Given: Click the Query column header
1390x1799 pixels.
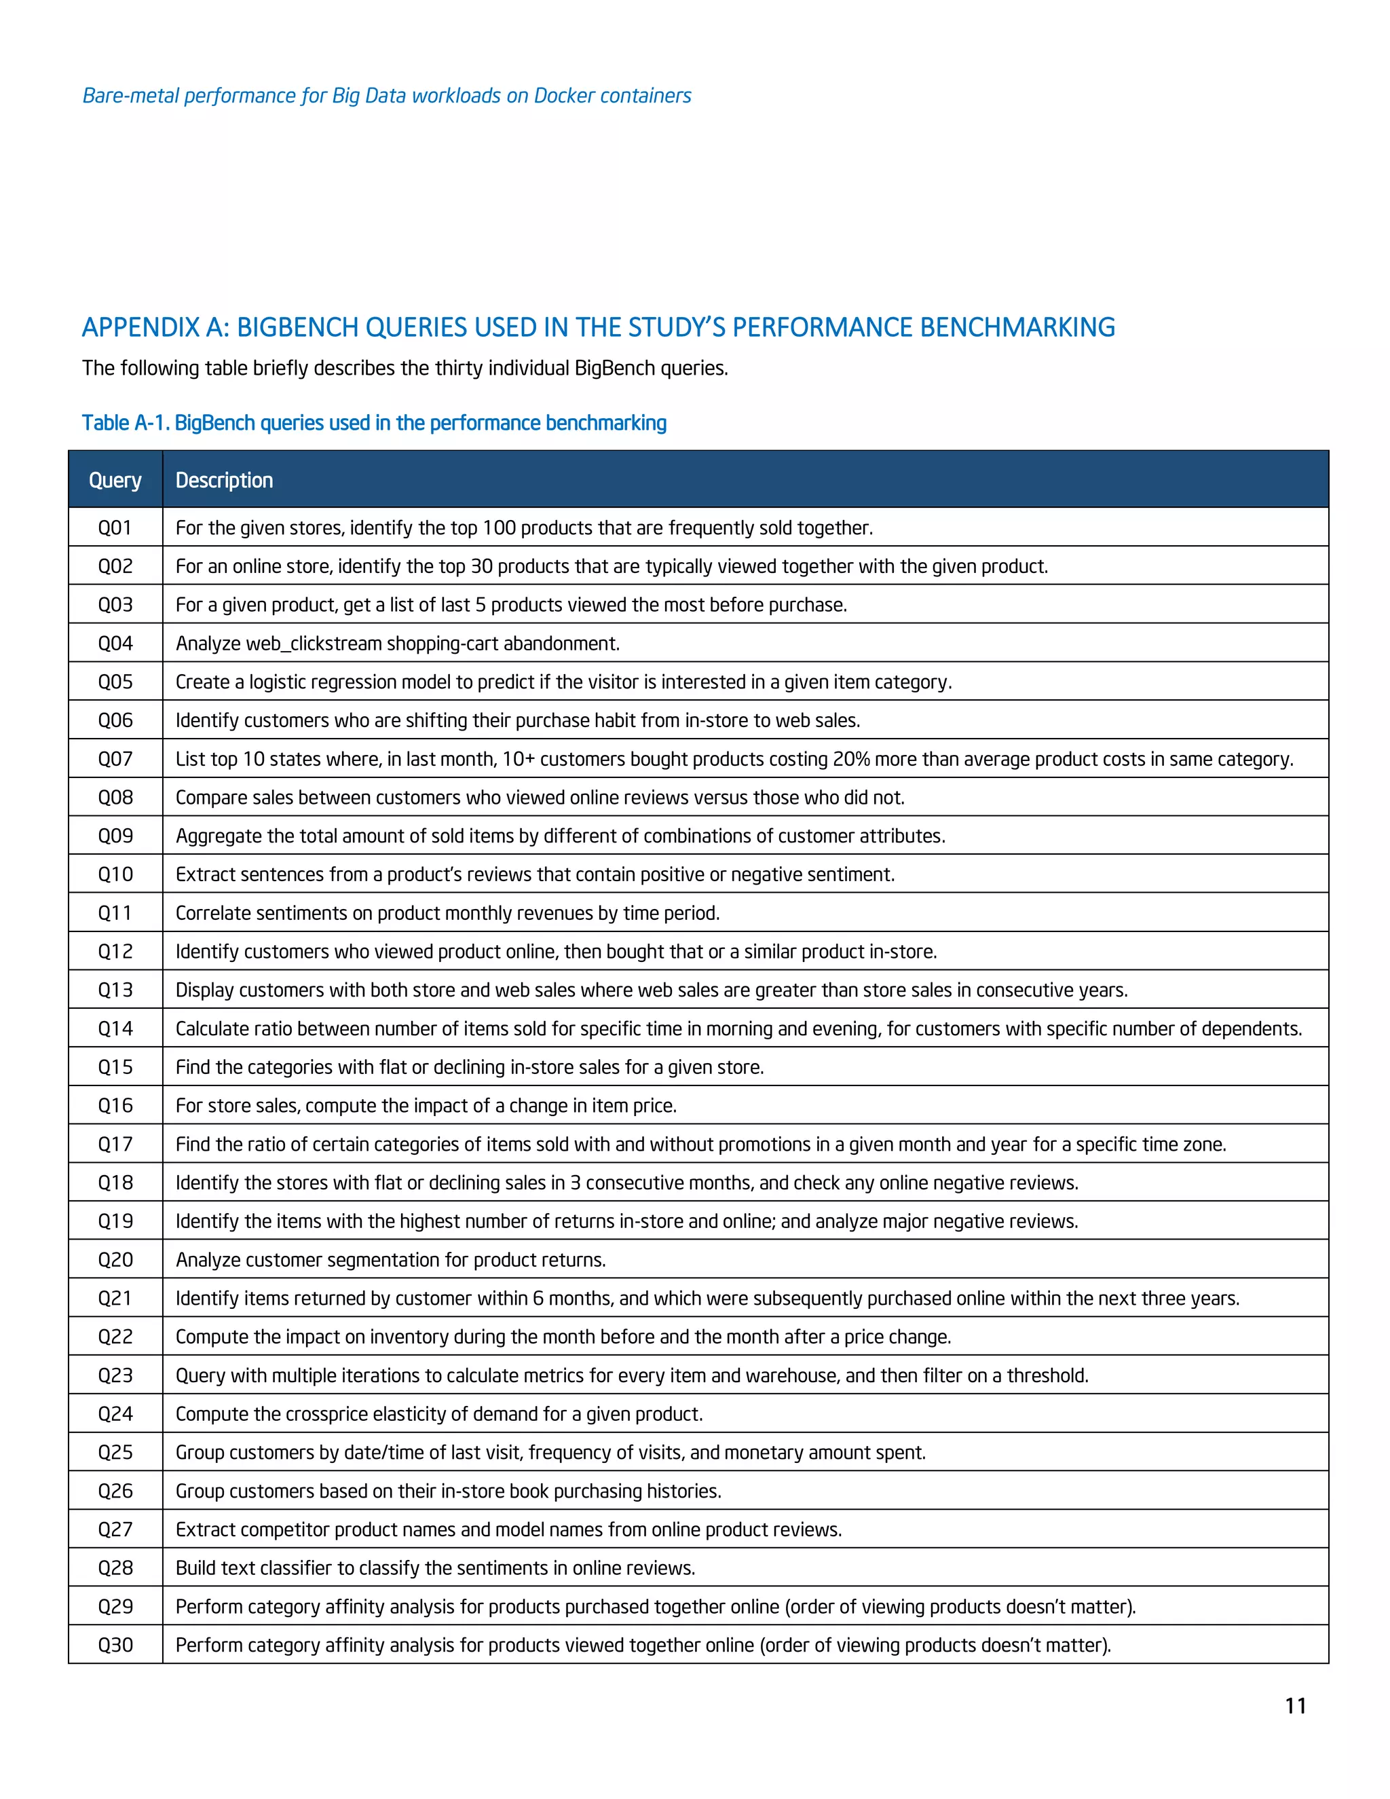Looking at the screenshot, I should point(115,480).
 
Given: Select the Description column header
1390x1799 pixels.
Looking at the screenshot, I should point(224,480).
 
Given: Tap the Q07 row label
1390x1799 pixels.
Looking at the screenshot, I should point(115,760).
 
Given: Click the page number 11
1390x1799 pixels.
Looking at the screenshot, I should point(1295,1706).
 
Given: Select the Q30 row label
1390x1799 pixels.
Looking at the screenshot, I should point(115,1646).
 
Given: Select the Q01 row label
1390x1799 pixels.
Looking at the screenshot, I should point(115,528).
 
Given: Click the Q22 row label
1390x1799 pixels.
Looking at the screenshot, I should point(115,1337).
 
